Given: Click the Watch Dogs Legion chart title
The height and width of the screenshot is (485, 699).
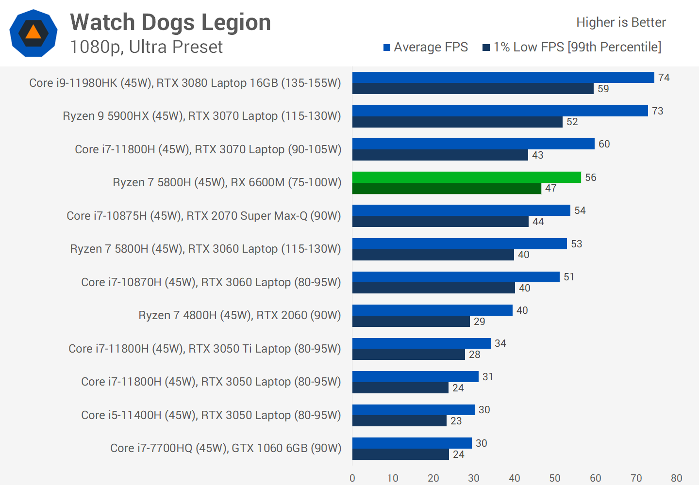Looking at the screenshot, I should tap(170, 22).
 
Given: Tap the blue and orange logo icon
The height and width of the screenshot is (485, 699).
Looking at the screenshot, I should tap(33, 33).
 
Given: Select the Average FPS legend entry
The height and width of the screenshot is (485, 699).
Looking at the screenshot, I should tap(426, 47).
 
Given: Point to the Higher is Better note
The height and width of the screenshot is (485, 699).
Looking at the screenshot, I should tap(621, 22).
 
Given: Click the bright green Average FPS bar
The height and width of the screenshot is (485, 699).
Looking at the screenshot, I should tap(466, 177).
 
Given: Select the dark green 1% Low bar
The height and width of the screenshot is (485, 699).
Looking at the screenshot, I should tap(447, 188).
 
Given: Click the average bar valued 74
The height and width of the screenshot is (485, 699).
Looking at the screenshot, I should tap(503, 78).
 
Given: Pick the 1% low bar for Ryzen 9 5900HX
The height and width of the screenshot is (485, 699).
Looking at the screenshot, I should tap(457, 122).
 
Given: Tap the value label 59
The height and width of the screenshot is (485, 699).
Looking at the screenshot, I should tap(603, 89).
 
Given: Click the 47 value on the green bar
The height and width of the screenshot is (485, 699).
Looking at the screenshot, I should tap(550, 188).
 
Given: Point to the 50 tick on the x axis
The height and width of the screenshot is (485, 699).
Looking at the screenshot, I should tap(555, 478).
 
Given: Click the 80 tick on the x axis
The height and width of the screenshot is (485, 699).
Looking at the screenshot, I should tap(676, 478).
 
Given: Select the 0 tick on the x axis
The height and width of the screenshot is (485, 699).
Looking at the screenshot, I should tap(352, 478).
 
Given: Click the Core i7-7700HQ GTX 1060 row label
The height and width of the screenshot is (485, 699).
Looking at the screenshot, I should tap(226, 448).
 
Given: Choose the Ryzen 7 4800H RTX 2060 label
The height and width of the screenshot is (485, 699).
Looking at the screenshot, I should tap(240, 315).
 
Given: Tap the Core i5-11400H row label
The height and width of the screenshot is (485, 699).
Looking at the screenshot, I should tap(211, 415).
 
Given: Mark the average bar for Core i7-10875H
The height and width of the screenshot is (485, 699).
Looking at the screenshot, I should tap(461, 210).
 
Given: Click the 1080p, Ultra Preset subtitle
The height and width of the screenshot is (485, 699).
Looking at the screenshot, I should tap(146, 47).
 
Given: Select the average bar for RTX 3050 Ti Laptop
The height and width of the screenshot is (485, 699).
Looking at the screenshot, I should tap(421, 343).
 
